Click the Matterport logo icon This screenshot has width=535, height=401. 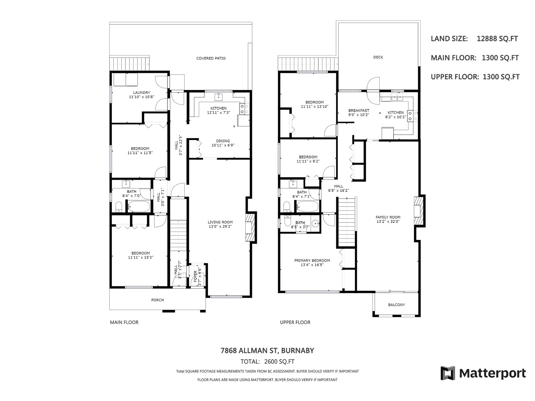point(448,373)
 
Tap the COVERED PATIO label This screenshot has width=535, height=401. point(211,58)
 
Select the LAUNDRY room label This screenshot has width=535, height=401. point(142,93)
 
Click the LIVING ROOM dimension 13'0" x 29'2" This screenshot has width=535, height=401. point(220,227)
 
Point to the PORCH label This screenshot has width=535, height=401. point(157,300)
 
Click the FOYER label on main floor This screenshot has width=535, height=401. point(195,276)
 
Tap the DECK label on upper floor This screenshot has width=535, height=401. point(378,57)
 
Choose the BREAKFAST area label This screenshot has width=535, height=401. point(358,111)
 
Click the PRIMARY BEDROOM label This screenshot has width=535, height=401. point(312,261)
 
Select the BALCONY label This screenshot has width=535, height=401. point(396,305)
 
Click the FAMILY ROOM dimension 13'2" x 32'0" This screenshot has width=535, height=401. point(388,222)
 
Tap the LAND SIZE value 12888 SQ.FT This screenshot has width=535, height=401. point(497,39)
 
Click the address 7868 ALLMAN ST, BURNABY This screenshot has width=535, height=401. point(267,351)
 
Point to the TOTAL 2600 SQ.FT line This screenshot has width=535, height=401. point(267,362)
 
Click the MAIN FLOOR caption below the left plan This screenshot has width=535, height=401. point(124,322)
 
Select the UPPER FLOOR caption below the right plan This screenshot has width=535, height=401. point(295,322)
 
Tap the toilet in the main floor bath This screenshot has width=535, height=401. point(119,207)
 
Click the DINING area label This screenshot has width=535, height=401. point(223,141)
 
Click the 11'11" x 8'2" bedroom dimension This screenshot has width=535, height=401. point(308,161)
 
